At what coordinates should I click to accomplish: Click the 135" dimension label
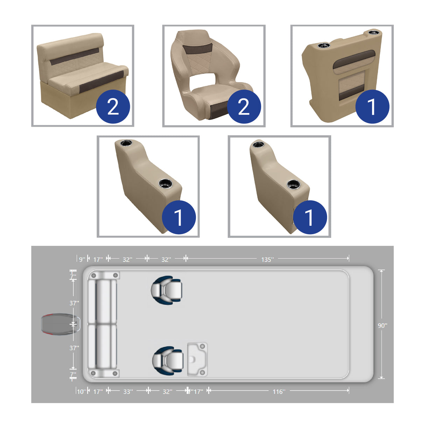click(x=267, y=259)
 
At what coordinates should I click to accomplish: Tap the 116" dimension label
click(x=279, y=391)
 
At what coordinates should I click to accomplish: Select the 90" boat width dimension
click(x=382, y=325)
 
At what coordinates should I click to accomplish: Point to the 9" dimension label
click(x=82, y=259)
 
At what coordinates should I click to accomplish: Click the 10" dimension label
click(x=81, y=391)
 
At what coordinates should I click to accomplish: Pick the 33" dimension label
click(x=128, y=391)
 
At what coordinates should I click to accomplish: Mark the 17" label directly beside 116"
click(x=198, y=391)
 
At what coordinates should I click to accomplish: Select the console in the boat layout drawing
click(x=197, y=359)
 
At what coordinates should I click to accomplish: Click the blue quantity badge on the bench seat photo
click(x=113, y=106)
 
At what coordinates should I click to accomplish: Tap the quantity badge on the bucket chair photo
click(x=244, y=106)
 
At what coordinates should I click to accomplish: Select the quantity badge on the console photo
click(x=372, y=106)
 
